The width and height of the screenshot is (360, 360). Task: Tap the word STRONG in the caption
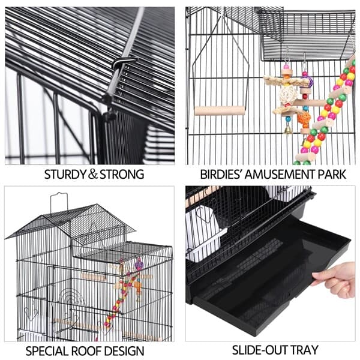(121, 175)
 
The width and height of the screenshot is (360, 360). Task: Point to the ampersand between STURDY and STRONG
(93, 175)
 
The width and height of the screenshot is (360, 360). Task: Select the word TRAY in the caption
(305, 349)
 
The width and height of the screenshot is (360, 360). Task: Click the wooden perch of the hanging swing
(220, 110)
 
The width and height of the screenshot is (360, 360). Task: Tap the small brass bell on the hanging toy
(289, 128)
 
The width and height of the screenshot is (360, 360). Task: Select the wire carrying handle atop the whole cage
(58, 201)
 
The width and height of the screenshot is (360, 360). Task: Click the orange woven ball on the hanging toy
(304, 118)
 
